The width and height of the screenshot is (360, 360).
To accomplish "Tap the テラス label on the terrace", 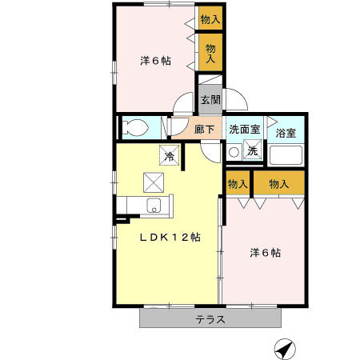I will tap(210, 319).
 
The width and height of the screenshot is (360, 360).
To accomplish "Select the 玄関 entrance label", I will tap(210, 100).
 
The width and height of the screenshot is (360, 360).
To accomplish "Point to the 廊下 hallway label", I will tap(204, 129).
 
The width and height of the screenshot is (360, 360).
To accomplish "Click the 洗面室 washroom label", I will tap(244, 129).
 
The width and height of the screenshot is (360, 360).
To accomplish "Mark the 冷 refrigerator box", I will tap(170, 155).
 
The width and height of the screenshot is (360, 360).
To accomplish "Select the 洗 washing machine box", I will tap(251, 150).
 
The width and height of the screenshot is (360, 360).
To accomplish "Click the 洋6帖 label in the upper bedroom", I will tap(154, 60).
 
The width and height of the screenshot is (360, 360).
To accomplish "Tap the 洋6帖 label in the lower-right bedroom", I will tap(264, 253).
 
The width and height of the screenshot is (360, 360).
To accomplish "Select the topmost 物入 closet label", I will tap(210, 19).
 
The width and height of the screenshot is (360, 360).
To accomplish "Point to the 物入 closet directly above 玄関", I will tap(210, 54).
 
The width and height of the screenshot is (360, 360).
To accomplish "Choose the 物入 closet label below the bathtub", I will tap(279, 184).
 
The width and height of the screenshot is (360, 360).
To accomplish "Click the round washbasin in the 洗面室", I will tap(234, 150).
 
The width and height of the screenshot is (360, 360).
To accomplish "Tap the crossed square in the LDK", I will tap(153, 182).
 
